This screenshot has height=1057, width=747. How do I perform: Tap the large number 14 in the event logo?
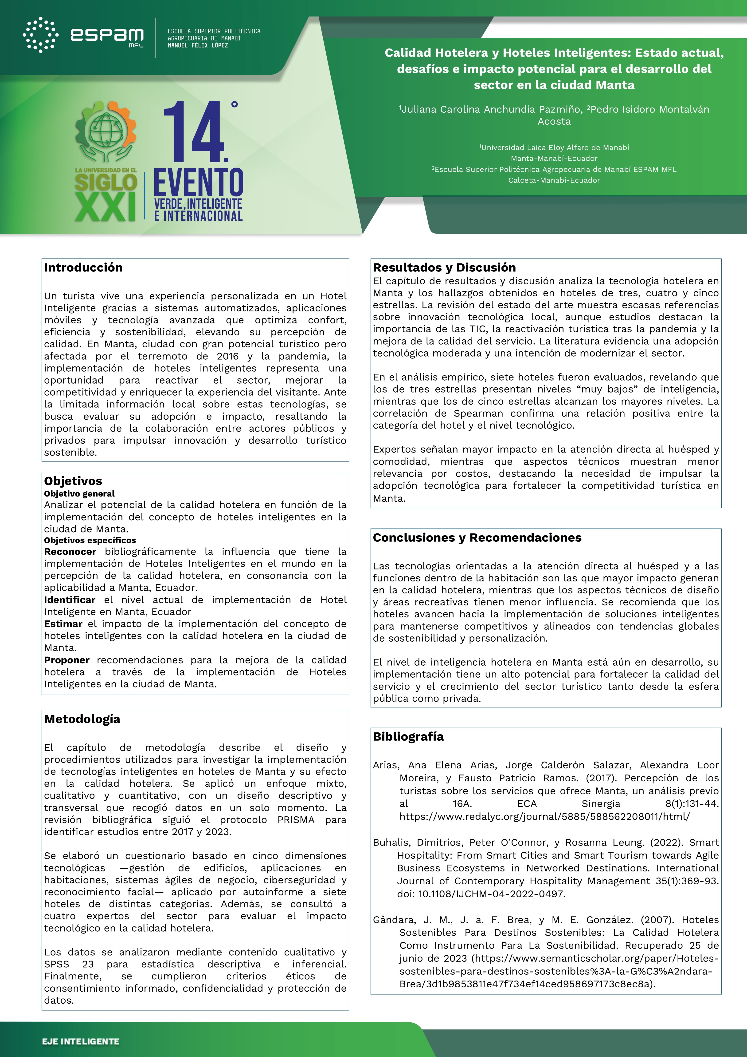click(194, 132)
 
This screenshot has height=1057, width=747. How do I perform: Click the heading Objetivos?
click(73, 481)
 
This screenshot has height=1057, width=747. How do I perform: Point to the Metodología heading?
click(82, 719)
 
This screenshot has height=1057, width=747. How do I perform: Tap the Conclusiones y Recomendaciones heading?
click(477, 538)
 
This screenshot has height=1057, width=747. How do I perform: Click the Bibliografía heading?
click(408, 737)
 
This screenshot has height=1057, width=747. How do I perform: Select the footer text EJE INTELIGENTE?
click(81, 1041)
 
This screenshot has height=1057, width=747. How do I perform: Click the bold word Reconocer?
click(70, 552)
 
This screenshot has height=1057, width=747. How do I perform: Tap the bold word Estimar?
click(63, 624)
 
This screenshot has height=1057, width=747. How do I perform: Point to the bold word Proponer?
click(67, 660)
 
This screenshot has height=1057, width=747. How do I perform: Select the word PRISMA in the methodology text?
click(296, 820)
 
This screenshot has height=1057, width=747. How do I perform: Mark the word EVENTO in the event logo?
click(198, 183)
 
